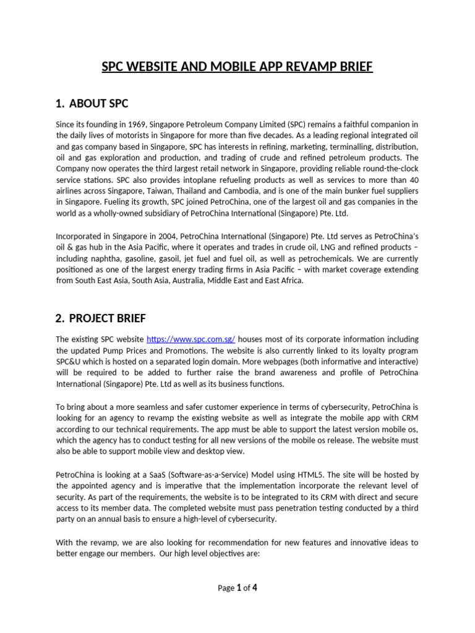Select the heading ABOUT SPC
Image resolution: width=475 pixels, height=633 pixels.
pyautogui.click(x=98, y=103)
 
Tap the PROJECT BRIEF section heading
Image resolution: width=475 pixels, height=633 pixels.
pyautogui.click(x=108, y=318)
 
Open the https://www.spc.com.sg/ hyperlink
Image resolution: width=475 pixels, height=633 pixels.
pyautogui.click(x=190, y=339)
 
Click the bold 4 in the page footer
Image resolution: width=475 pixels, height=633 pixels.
pyautogui.click(x=254, y=588)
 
